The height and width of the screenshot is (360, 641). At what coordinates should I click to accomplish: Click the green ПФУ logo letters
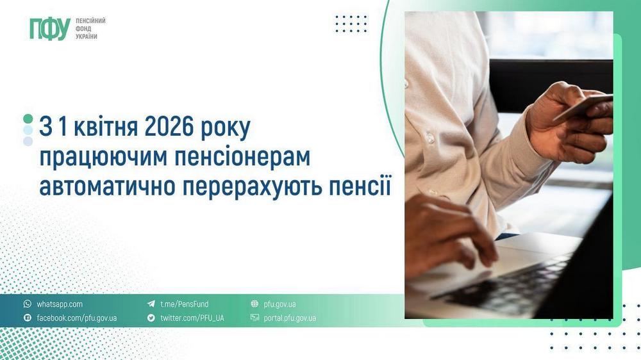point(49,29)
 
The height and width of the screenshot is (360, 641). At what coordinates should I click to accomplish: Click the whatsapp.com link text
point(60,304)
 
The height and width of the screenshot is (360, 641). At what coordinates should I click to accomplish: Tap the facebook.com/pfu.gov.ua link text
point(77,318)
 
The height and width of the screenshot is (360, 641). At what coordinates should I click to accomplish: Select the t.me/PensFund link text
point(184,304)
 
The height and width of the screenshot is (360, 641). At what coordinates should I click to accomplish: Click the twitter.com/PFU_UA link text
point(192,318)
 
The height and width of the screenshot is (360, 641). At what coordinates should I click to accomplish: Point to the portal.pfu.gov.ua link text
point(290,318)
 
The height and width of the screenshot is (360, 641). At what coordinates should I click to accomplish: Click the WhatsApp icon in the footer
point(28,304)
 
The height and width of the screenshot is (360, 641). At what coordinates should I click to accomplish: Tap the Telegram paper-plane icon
point(151,304)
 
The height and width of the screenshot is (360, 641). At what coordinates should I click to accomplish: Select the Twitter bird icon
point(151,318)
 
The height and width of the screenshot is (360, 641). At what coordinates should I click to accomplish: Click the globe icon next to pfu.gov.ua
point(254,304)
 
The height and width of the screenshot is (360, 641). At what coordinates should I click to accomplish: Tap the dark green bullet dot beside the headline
point(28,119)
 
